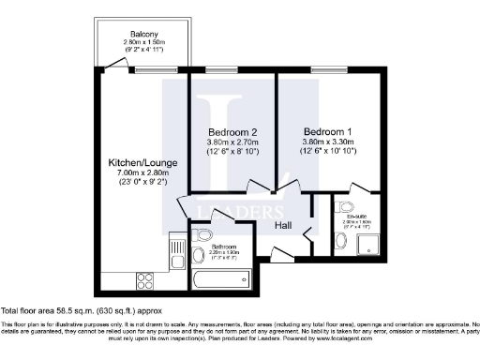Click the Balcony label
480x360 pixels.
click(x=143, y=34)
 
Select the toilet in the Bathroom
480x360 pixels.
click(x=203, y=234)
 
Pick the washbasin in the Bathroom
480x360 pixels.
click(x=198, y=255)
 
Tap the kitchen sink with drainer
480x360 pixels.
click(x=174, y=250)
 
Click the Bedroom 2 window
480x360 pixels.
click(x=221, y=70)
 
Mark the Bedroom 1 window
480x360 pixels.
click(x=328, y=70)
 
